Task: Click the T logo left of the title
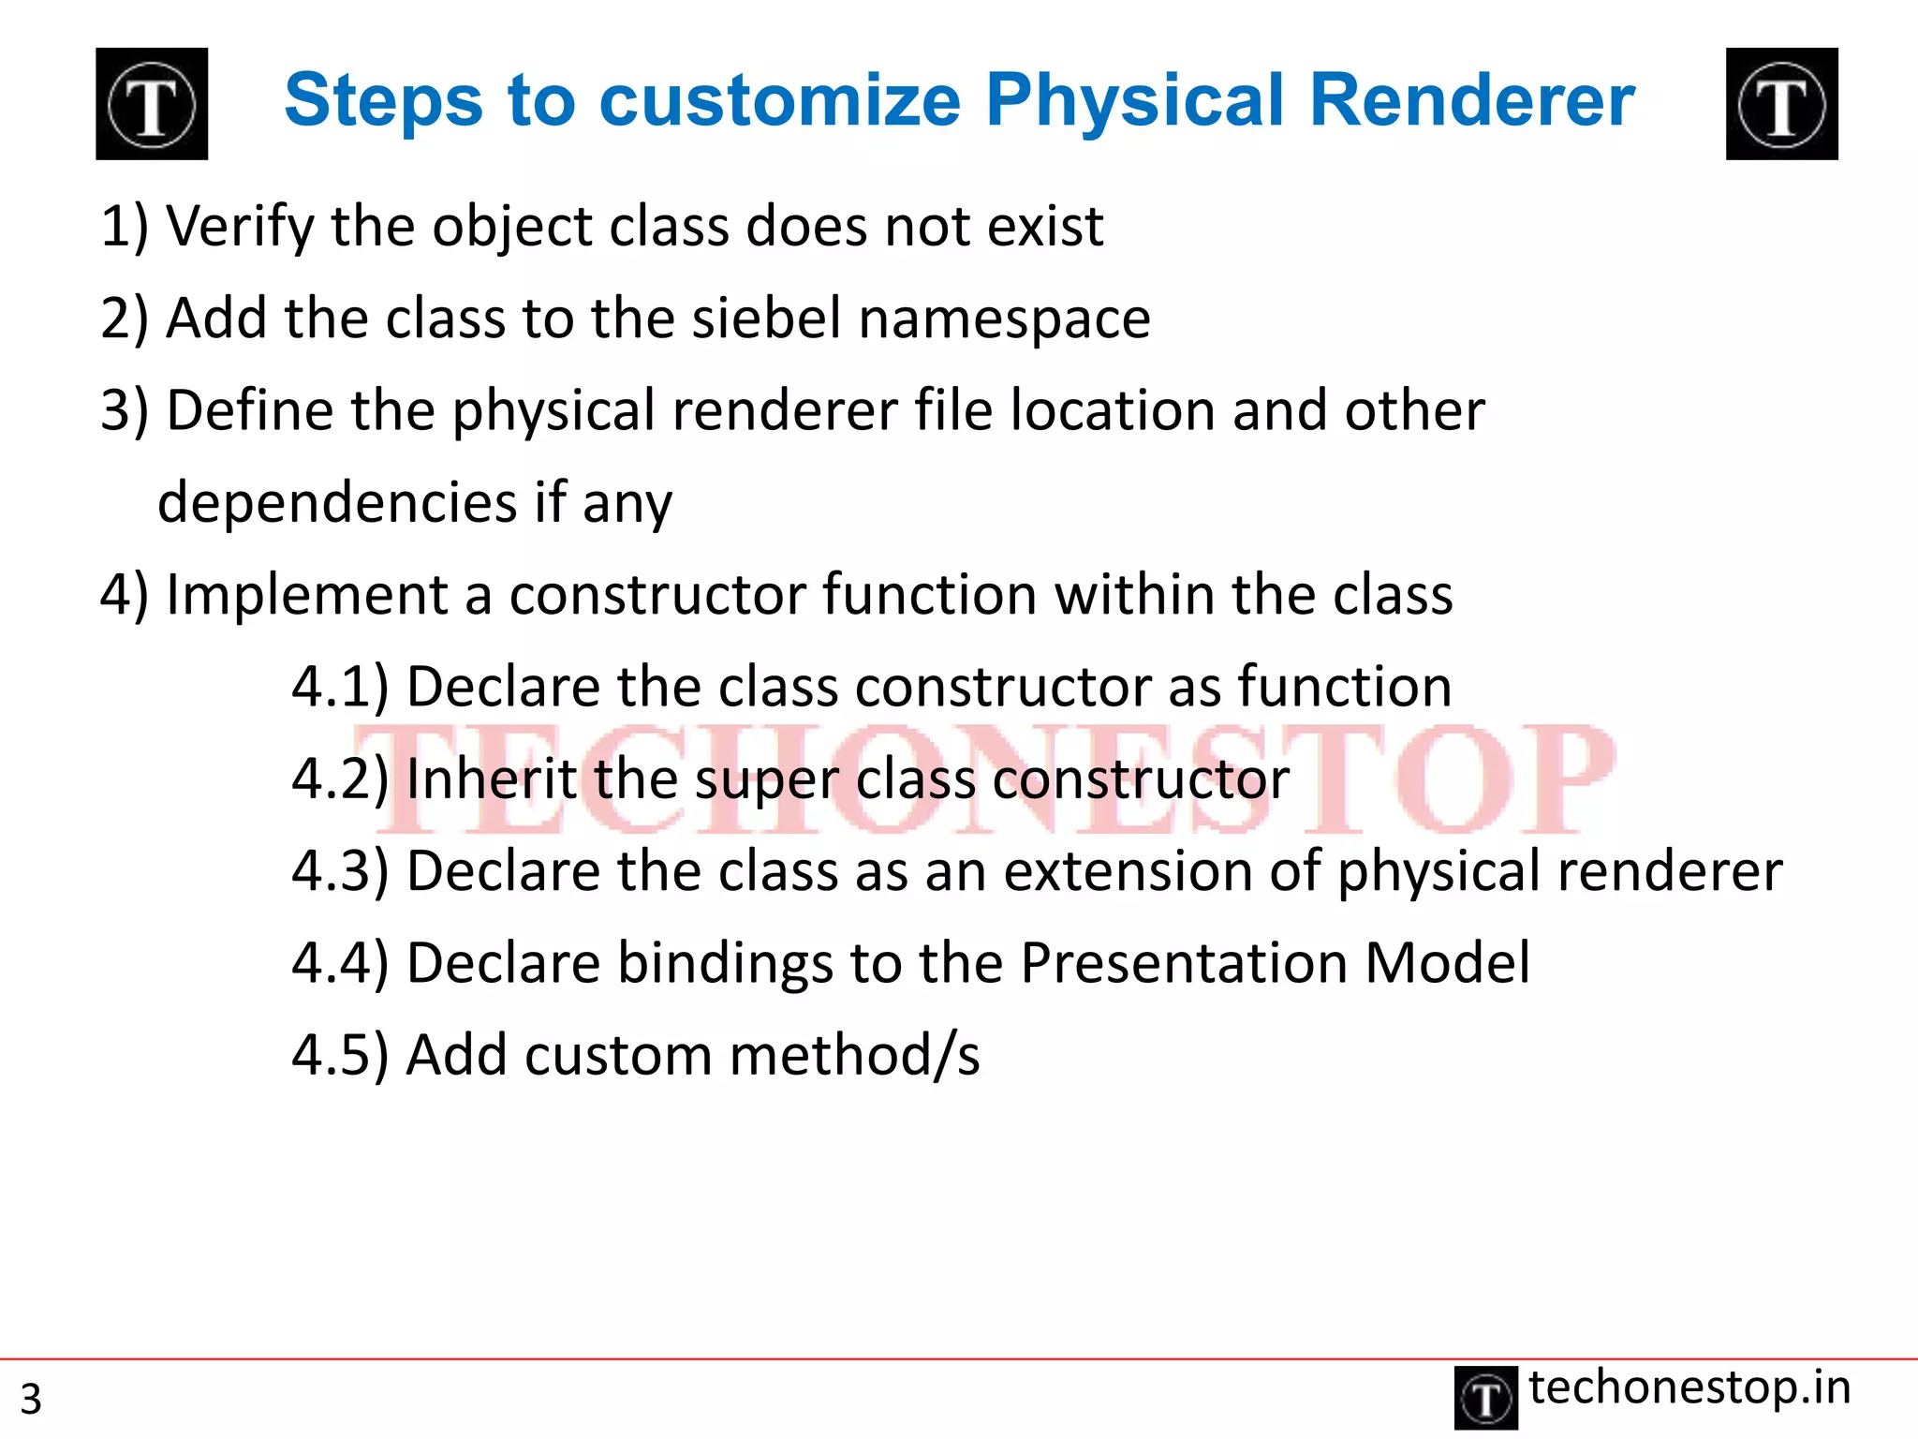[x=152, y=104]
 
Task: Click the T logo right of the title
[x=1781, y=104]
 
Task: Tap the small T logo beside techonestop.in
[x=1485, y=1398]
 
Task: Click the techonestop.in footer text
[x=1689, y=1388]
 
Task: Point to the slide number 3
[x=31, y=1399]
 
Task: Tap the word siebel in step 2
[x=767, y=319]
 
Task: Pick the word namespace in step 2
[x=1004, y=320]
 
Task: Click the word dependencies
[x=337, y=504]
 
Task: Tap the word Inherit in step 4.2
[x=492, y=779]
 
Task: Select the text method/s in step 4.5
[x=854, y=1056]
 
